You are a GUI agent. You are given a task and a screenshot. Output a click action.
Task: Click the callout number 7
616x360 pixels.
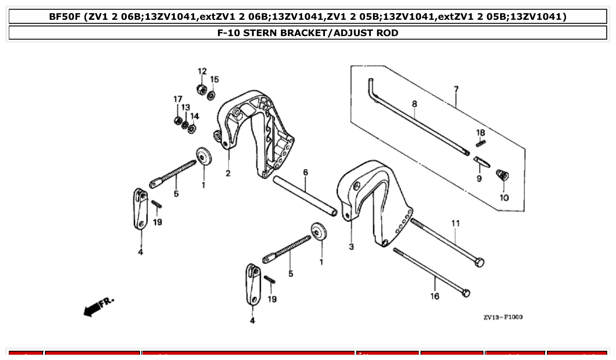tap(456, 89)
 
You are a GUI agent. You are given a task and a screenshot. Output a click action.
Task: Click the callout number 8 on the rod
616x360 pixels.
tap(414, 104)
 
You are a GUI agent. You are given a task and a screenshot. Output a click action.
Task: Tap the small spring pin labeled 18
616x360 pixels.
tap(480, 143)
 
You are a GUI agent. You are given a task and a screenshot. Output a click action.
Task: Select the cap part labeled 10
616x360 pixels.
tap(502, 176)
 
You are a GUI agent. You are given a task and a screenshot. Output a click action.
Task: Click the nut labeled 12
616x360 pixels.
tap(202, 88)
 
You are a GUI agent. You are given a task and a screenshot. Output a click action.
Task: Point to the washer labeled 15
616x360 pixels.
tap(211, 95)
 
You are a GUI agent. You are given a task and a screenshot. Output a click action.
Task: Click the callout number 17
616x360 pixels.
tap(177, 99)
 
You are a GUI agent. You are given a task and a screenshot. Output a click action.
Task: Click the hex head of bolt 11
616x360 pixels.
tap(479, 263)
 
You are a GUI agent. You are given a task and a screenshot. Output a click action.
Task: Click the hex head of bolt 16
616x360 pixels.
tap(466, 293)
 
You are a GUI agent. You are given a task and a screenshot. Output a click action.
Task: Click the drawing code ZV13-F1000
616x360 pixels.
tap(502, 317)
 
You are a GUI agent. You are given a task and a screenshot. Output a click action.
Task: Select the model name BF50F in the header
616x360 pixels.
tap(66, 17)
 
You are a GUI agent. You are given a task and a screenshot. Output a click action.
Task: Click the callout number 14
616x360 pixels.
tap(195, 116)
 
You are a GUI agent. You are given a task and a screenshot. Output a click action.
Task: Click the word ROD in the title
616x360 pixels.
tap(387, 33)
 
